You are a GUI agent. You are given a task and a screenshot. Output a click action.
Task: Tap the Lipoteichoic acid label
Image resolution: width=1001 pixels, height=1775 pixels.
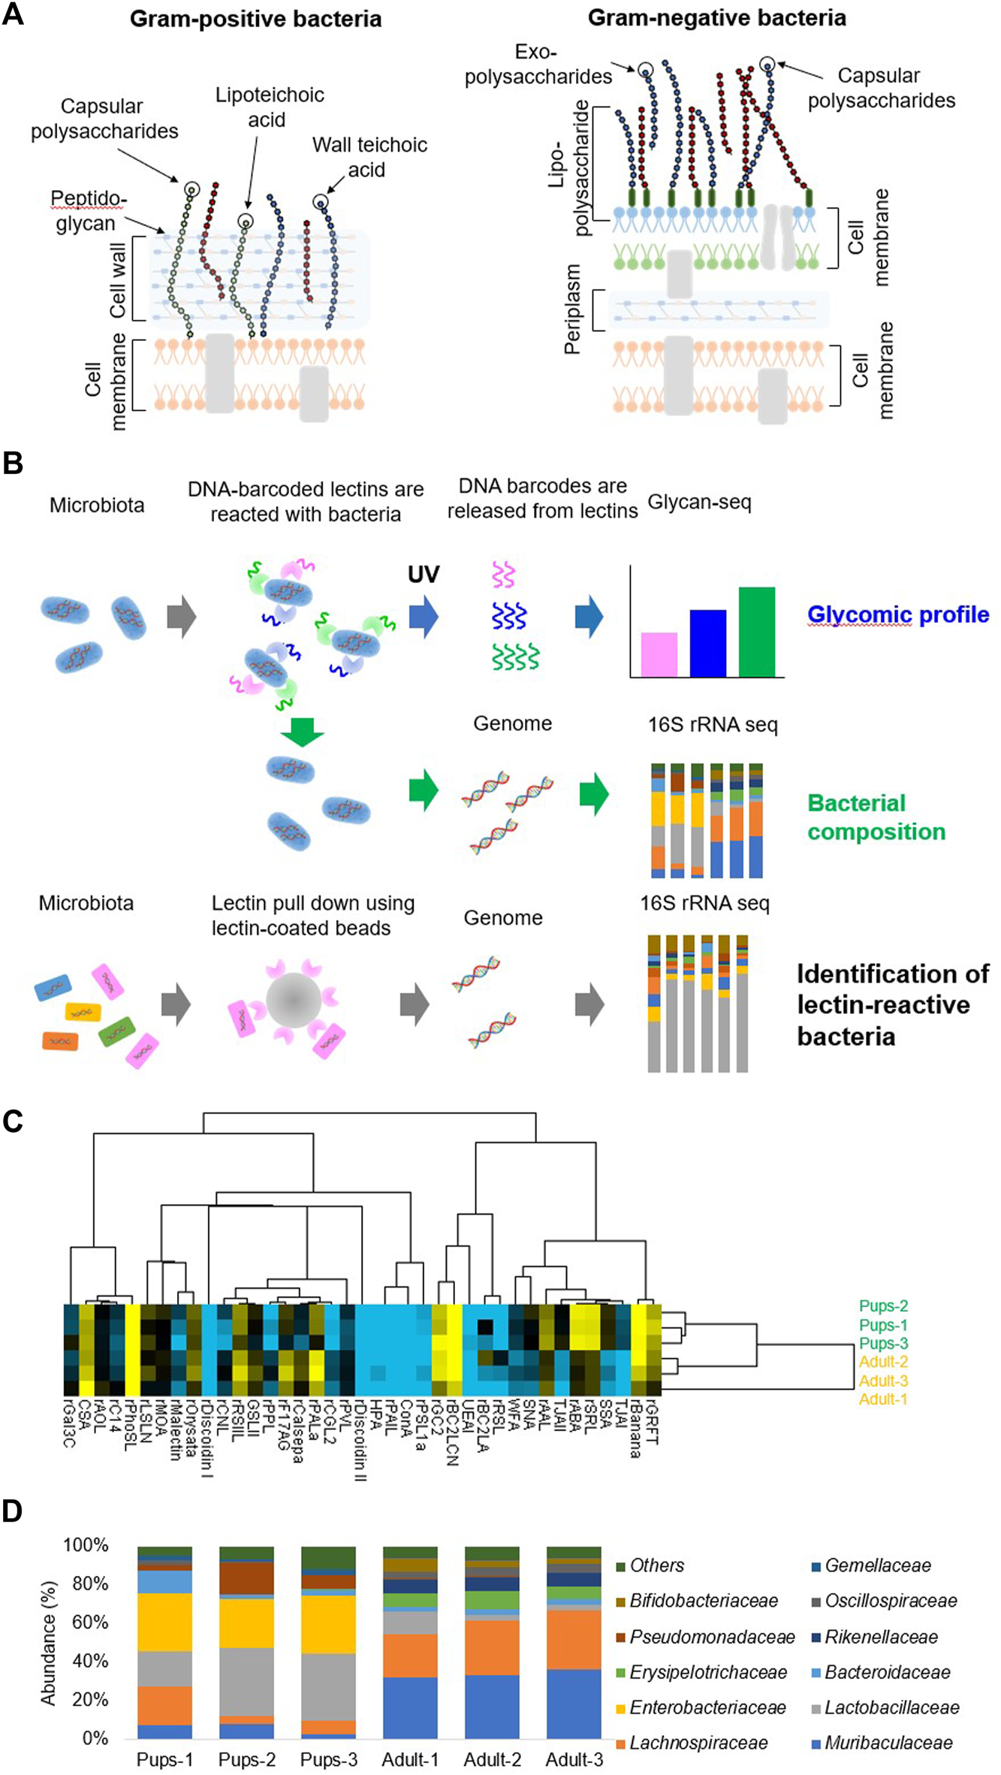(269, 107)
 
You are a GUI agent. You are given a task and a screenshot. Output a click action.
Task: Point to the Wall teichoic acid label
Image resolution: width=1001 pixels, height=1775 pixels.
(369, 157)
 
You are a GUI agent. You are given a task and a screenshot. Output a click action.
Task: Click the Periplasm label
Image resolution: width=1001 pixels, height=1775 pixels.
(573, 309)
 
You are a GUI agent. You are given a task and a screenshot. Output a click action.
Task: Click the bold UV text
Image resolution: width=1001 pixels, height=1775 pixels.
(424, 574)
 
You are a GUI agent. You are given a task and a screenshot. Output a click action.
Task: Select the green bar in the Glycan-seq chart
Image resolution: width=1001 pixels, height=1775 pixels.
(756, 632)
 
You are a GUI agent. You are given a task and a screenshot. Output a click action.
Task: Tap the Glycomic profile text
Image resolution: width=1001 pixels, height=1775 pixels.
(897, 614)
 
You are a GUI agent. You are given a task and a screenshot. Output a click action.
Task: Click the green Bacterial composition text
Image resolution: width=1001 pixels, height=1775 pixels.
(876, 817)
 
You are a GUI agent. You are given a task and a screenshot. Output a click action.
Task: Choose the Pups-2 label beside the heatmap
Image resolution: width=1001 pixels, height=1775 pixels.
(883, 1306)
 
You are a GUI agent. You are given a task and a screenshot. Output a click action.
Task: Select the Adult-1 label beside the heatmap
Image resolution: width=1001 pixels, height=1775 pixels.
(883, 1399)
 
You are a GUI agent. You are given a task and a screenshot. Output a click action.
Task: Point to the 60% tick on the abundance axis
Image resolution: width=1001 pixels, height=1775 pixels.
(90, 1622)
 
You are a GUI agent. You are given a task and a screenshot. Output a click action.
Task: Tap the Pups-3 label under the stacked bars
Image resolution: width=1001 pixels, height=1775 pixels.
(328, 1759)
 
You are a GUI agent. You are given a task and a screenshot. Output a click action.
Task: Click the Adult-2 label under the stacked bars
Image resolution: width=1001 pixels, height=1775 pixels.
(492, 1759)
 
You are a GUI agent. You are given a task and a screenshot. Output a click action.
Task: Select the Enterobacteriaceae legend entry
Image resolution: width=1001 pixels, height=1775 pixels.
(707, 1707)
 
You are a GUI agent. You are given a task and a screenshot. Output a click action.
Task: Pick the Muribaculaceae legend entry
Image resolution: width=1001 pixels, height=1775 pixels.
(888, 1743)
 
